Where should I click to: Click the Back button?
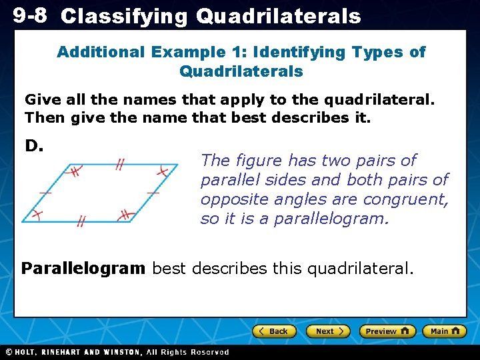(x=273, y=331)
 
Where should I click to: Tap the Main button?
(x=444, y=331)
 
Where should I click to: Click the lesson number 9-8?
(x=30, y=15)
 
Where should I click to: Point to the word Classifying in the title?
(x=124, y=17)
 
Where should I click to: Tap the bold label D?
(x=34, y=145)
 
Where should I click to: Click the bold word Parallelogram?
(x=83, y=269)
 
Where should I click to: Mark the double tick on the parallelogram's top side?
(x=119, y=164)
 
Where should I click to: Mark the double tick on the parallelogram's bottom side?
(x=81, y=221)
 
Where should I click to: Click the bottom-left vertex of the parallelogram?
(x=23, y=221)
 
